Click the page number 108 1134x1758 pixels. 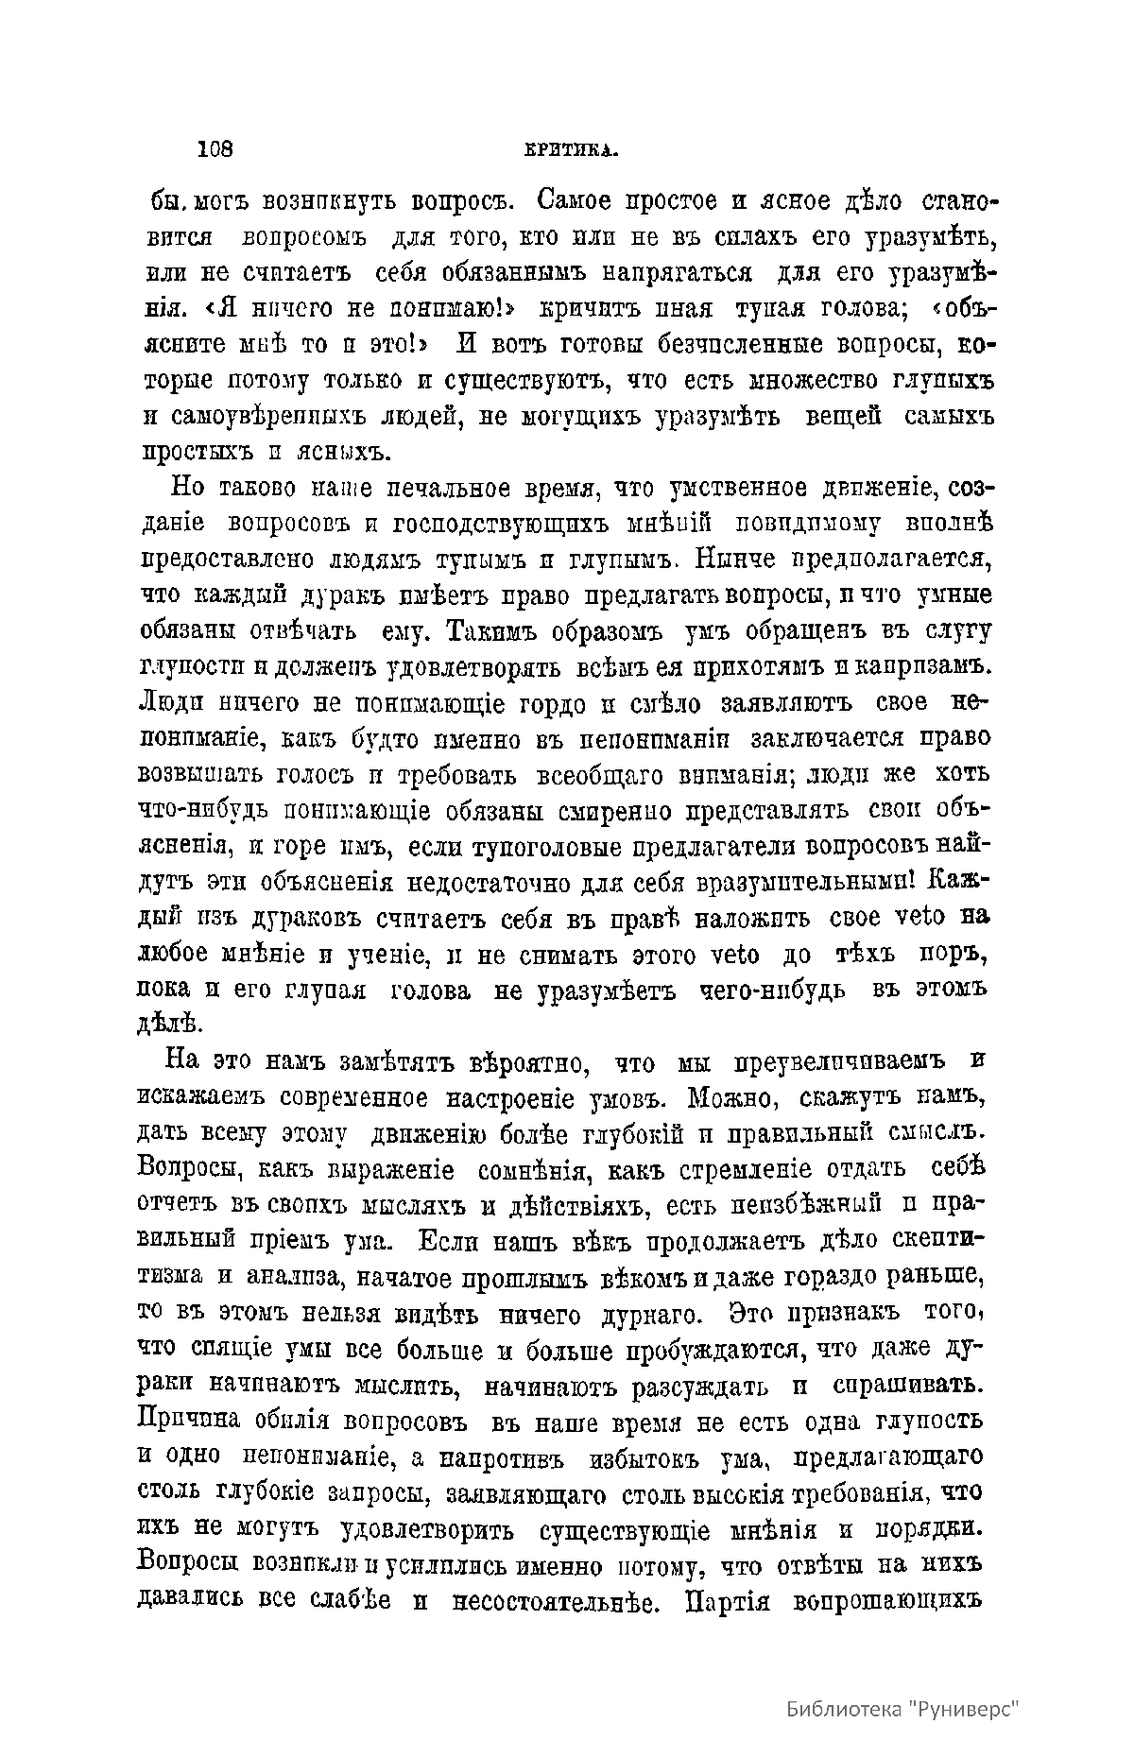215,148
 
